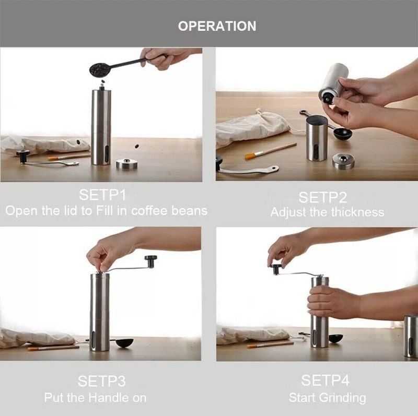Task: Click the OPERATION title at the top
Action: pos(217,26)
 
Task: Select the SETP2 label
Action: pos(322,197)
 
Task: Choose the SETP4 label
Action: pos(325,379)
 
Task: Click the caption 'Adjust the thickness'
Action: pos(327,212)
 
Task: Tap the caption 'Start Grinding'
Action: pos(327,398)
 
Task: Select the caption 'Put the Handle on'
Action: pos(95,398)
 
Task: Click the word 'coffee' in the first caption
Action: pos(148,211)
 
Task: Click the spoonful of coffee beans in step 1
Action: pos(99,69)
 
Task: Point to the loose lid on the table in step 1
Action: pos(126,164)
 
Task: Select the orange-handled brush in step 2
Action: pos(271,151)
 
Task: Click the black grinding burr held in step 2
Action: pos(328,97)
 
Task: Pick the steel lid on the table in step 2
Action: pos(343,161)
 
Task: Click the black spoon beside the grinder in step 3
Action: pos(124,342)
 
